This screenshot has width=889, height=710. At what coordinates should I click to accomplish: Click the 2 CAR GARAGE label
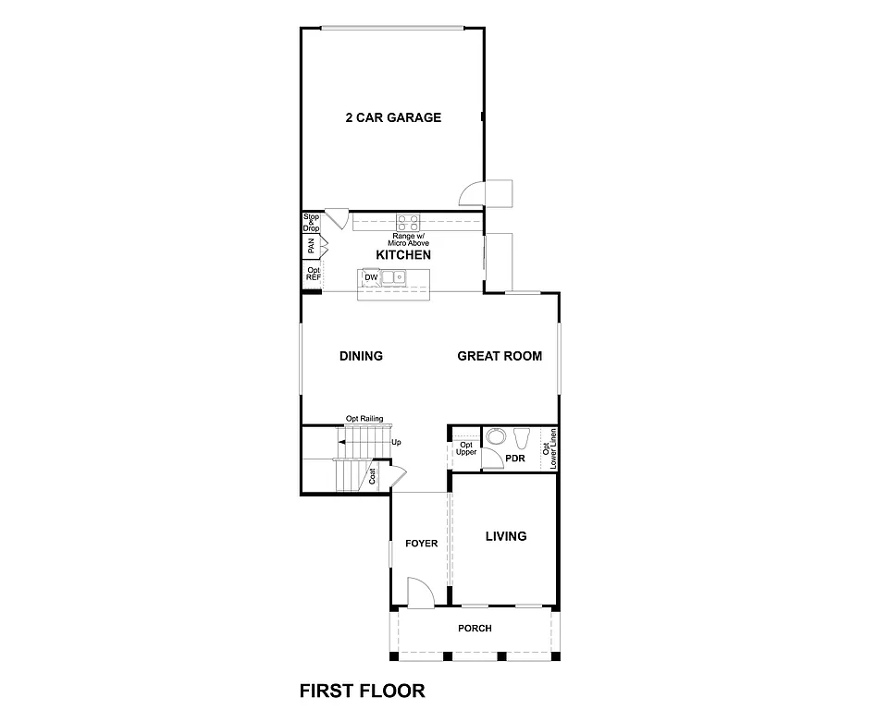click(392, 117)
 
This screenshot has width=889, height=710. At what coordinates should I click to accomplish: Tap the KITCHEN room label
click(403, 254)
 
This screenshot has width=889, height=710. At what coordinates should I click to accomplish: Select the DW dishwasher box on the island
click(371, 277)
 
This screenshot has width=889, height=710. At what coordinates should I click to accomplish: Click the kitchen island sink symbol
click(395, 276)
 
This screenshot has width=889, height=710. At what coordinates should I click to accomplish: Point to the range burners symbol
click(408, 223)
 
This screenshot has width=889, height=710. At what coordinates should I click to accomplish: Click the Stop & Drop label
click(311, 222)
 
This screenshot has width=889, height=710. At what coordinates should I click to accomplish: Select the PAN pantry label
click(312, 247)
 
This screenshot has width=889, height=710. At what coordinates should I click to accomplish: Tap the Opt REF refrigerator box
click(313, 274)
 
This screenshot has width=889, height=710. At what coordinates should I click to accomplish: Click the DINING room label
click(361, 356)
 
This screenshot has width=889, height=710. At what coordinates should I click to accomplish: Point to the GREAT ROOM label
click(500, 356)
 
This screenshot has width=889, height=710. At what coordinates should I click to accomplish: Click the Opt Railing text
click(364, 418)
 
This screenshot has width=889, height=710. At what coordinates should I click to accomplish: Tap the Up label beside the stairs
click(397, 443)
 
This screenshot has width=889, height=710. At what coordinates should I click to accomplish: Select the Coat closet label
click(373, 476)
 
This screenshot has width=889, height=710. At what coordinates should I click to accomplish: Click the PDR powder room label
click(515, 458)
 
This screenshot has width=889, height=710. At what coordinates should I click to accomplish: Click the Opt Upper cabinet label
click(465, 448)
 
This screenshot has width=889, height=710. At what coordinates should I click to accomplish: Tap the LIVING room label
click(506, 536)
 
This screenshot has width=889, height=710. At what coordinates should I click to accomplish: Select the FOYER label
click(421, 544)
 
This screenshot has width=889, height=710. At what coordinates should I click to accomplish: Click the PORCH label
click(475, 629)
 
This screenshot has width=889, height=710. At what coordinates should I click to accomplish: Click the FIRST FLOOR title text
click(362, 690)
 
